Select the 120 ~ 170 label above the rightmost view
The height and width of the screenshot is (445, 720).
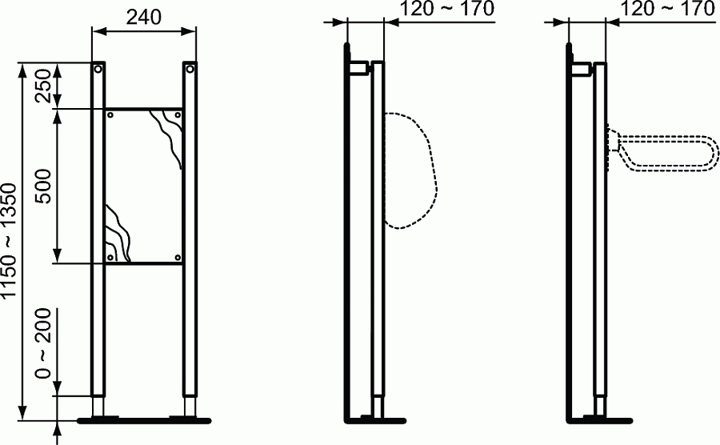click(x=666, y=10)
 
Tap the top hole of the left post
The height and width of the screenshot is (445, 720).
click(x=98, y=70)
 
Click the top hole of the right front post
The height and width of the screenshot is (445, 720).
click(x=190, y=70)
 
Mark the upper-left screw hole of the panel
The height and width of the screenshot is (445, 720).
click(x=110, y=115)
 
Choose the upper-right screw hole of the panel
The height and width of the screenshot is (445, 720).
click(x=178, y=115)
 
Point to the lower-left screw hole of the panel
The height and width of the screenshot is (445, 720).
click(x=110, y=256)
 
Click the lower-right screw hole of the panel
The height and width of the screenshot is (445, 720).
click(x=178, y=256)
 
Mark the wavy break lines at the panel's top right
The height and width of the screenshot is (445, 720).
click(x=170, y=136)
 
